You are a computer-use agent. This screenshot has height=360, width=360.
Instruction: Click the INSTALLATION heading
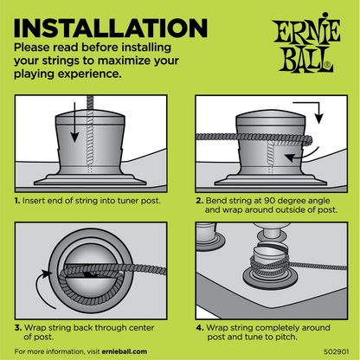111,28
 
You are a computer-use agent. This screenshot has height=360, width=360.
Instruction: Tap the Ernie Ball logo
306,42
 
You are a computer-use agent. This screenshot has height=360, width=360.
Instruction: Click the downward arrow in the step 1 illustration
74,122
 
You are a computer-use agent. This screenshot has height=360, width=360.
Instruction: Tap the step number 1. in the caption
17,201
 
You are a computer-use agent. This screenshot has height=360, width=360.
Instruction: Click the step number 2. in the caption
200,201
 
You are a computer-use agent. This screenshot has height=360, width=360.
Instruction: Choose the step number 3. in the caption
18,328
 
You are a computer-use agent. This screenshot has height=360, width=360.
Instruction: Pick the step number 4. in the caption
200,328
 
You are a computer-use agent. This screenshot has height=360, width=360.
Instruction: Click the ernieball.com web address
125,351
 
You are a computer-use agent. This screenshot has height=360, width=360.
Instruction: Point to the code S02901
337,351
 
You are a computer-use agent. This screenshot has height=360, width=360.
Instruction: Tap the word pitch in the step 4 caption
286,337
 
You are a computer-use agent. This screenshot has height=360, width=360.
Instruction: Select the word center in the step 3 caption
141,328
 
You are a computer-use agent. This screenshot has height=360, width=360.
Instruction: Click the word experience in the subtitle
89,74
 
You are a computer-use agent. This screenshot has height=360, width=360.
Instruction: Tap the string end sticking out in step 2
308,141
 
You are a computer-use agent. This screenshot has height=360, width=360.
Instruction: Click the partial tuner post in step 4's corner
209,235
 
